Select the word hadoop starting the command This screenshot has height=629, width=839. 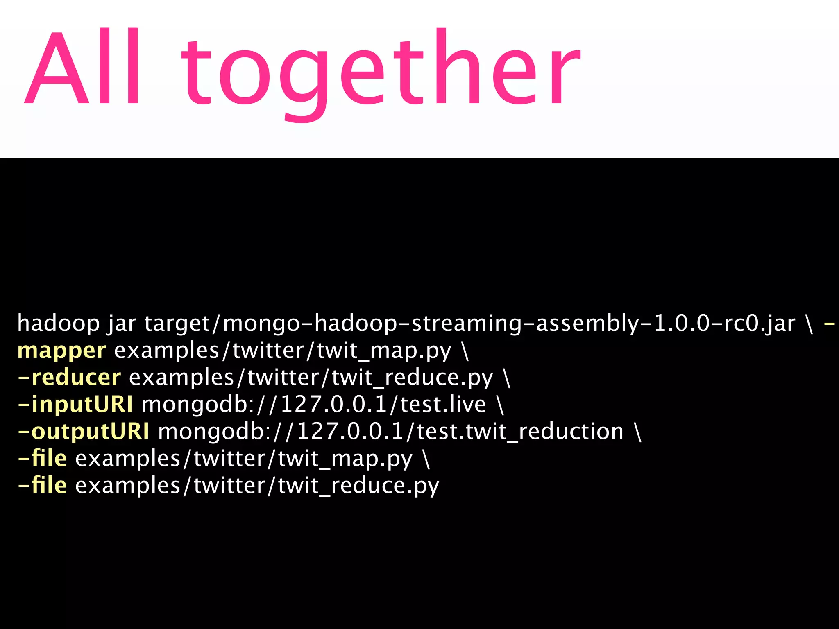pyautogui.click(x=59, y=324)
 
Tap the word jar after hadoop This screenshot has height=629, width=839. pyautogui.click(x=122, y=324)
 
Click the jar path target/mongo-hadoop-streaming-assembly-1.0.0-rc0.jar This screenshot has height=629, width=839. pyautogui.click(x=469, y=324)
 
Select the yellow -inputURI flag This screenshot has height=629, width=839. pyautogui.click(x=75, y=405)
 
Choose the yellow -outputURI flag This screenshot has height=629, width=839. pyautogui.click(x=84, y=432)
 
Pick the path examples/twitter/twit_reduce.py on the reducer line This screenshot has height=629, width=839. pyautogui.click(x=311, y=378)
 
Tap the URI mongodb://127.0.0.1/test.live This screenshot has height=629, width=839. pyautogui.click(x=314, y=405)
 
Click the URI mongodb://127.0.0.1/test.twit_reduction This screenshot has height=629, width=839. pyautogui.click(x=391, y=432)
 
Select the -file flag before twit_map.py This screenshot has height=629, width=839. pyautogui.click(x=43, y=458)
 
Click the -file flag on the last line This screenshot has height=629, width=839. pyautogui.click(x=43, y=485)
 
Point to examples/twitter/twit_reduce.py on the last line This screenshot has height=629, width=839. pyautogui.click(x=257, y=486)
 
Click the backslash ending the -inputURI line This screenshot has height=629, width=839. pyautogui.click(x=500, y=405)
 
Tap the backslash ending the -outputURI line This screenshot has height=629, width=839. pyautogui.click(x=638, y=432)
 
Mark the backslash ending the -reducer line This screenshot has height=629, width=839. pyautogui.click(x=507, y=378)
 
